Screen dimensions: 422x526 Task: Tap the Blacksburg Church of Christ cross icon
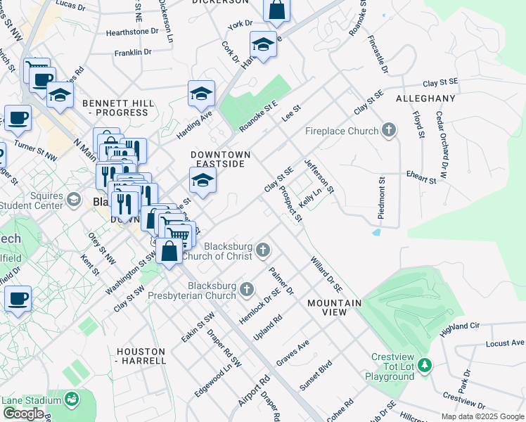pyautogui.click(x=263, y=250)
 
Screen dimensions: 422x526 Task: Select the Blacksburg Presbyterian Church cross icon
pyautogui.click(x=247, y=288)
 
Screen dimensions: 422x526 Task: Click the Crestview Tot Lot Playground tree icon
pyautogui.click(x=424, y=365)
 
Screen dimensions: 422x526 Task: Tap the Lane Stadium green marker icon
pyautogui.click(x=71, y=400)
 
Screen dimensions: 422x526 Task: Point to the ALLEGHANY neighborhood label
pyautogui.click(x=425, y=98)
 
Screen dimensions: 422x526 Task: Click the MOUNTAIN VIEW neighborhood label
pyautogui.click(x=334, y=307)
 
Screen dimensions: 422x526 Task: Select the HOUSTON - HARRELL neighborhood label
pyautogui.click(x=141, y=356)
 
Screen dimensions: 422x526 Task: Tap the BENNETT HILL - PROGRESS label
pyautogui.click(x=118, y=108)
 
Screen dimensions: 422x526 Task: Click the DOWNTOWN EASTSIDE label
pyautogui.click(x=219, y=158)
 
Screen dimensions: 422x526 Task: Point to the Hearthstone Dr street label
pyautogui.click(x=132, y=32)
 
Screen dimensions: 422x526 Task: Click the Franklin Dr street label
pyautogui.click(x=133, y=52)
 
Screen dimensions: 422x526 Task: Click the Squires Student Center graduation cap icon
pyautogui.click(x=73, y=200)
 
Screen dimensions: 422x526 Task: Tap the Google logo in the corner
pyautogui.click(x=23, y=414)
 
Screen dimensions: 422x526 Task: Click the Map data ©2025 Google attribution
pyautogui.click(x=482, y=416)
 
